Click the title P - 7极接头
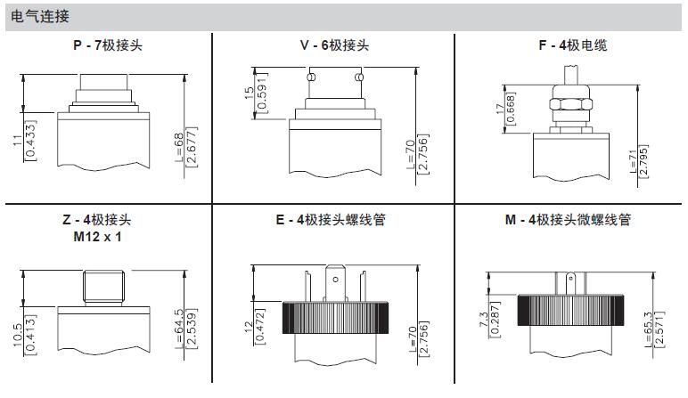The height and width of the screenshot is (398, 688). click(107, 45)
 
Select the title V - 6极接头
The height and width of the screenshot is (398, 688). click(333, 45)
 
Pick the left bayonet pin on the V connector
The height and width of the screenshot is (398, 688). click(309, 78)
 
